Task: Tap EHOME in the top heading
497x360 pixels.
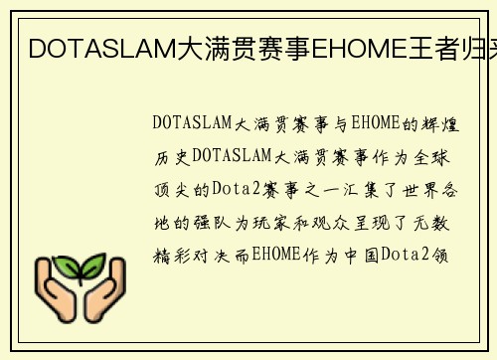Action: coord(349,47)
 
